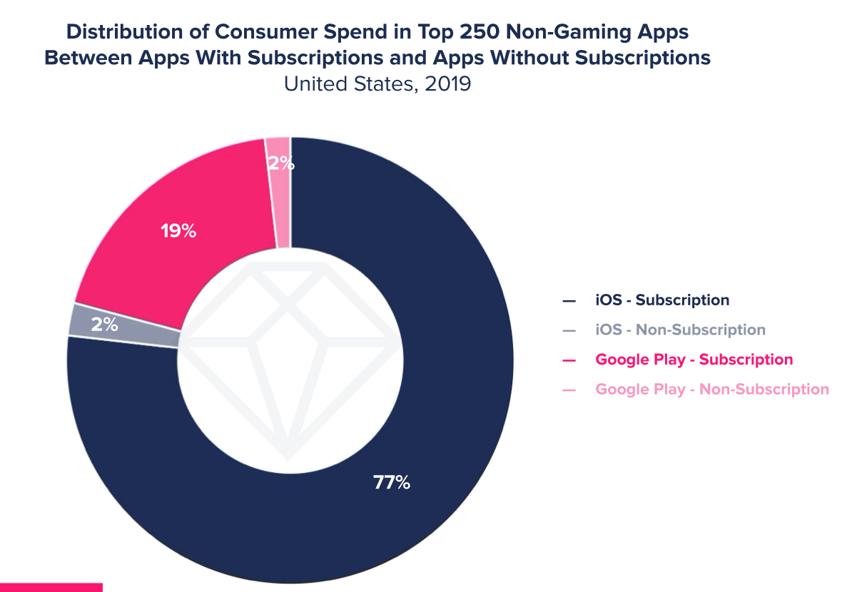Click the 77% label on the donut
tap(392, 483)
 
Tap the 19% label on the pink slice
tap(178, 231)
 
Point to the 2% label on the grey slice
tap(104, 325)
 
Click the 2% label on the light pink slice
tap(280, 163)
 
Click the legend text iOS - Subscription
tap(662, 300)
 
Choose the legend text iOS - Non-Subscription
tap(680, 330)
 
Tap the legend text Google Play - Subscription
tap(694, 359)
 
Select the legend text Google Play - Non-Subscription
tap(712, 389)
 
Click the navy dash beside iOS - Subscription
tap(569, 301)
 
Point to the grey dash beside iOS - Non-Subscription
tap(569, 331)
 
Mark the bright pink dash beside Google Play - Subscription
tap(569, 360)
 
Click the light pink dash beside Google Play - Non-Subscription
tap(569, 390)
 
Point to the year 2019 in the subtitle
tap(447, 83)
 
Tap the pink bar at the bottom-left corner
tap(51, 587)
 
